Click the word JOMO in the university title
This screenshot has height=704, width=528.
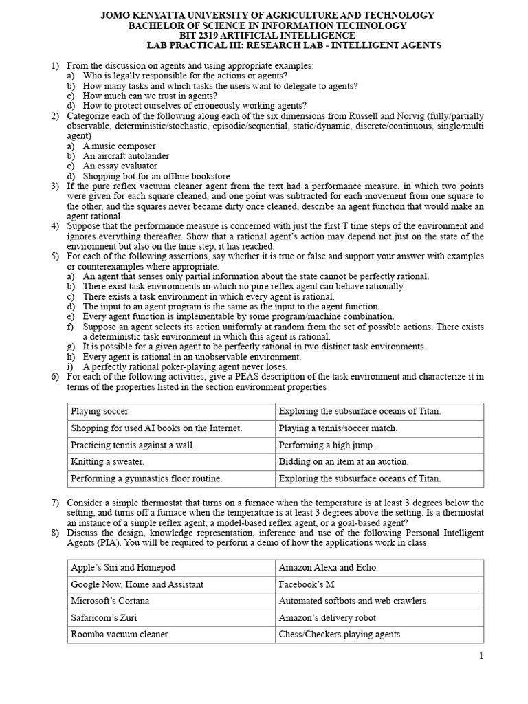coord(116,15)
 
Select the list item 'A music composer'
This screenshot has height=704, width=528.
coord(119,146)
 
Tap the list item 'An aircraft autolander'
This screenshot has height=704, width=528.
coord(126,156)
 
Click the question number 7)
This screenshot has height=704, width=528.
coord(56,503)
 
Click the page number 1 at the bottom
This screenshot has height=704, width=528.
coord(482,656)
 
